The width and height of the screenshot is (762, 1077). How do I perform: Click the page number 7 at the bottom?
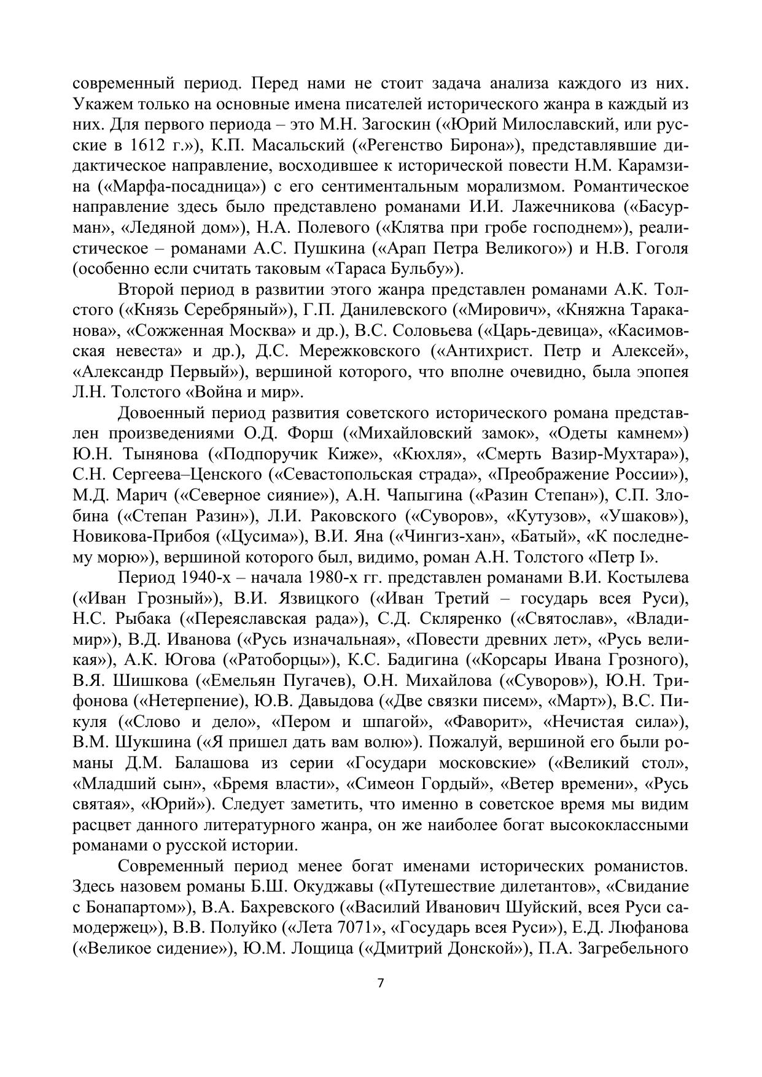click(380, 982)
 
